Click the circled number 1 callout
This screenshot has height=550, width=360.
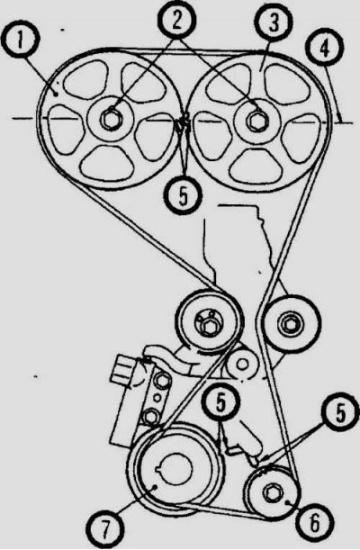[x=21, y=41]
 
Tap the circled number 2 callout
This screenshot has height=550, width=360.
[x=176, y=21]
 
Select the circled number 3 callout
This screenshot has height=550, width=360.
[x=273, y=23]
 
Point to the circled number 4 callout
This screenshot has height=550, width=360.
[x=325, y=50]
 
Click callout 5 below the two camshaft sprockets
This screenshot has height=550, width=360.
[x=183, y=195]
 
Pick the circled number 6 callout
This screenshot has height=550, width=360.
[x=314, y=523]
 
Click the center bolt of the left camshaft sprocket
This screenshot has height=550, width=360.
[x=110, y=120]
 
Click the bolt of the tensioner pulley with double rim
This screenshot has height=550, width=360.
[x=209, y=326]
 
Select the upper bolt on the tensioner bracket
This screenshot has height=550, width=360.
[x=161, y=381]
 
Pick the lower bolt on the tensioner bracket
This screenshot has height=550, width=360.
[x=150, y=417]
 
